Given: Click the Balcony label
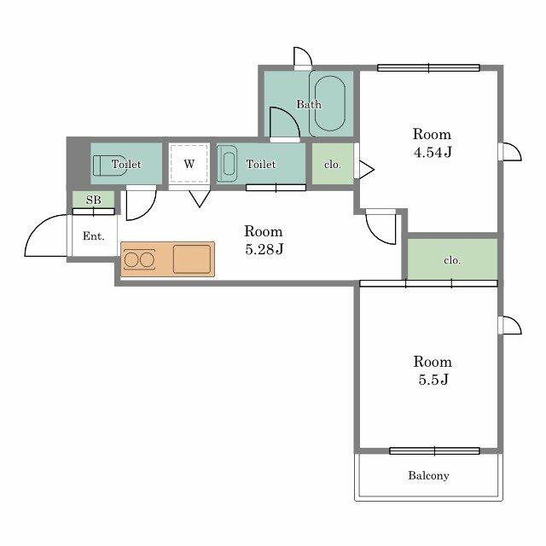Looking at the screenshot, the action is click(x=428, y=476).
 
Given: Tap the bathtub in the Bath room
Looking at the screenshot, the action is click(x=330, y=103).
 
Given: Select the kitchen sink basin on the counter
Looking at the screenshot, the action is click(x=192, y=259).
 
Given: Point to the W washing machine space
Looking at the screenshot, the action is click(x=189, y=164).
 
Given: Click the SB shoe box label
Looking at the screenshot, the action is click(x=93, y=200).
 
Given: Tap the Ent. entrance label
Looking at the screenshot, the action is click(x=93, y=236).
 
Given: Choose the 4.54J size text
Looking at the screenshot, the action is click(x=433, y=152).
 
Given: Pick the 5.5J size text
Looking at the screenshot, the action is click(x=433, y=380).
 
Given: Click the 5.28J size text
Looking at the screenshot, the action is click(x=264, y=249).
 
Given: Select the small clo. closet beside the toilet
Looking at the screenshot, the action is click(x=333, y=164).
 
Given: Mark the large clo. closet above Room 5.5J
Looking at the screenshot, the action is click(x=452, y=259).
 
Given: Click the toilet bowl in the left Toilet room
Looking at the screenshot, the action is click(x=108, y=165).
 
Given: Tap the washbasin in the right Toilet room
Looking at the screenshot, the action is click(x=227, y=164).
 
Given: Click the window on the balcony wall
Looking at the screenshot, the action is click(x=434, y=451).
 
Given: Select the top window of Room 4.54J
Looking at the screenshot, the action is click(x=428, y=68).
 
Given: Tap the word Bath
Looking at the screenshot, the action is click(x=309, y=104).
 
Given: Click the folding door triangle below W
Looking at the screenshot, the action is click(x=200, y=199).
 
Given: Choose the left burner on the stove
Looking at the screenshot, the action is click(x=131, y=259).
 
